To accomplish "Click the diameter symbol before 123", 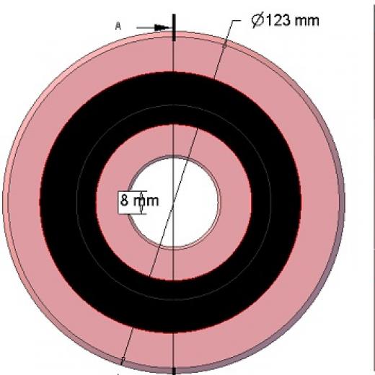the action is point(257,20).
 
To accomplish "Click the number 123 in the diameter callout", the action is point(278,20).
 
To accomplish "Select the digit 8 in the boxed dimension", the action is point(124,200).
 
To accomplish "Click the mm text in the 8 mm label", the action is point(146,201).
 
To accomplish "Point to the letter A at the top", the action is point(118,26).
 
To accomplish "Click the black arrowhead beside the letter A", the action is point(162,27).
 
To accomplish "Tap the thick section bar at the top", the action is point(174,27).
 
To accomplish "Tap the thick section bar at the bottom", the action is point(174,371).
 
